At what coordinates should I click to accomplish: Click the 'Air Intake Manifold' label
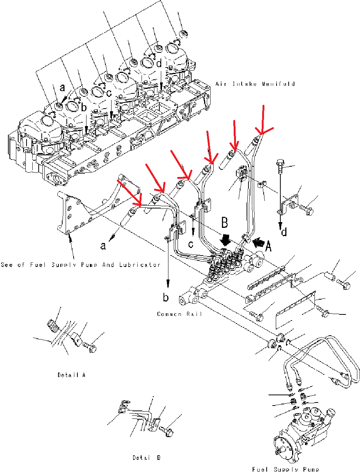click(255, 84)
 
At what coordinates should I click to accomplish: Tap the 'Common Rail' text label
click(179, 314)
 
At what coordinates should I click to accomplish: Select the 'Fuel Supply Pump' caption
click(285, 469)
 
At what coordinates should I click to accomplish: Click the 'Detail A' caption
click(72, 375)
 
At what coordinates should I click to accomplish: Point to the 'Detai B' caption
click(146, 458)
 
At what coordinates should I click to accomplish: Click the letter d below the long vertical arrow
click(284, 231)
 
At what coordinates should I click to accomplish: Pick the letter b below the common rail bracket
click(166, 297)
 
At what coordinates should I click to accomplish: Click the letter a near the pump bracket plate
click(103, 246)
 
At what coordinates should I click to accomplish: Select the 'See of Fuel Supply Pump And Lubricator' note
click(81, 265)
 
